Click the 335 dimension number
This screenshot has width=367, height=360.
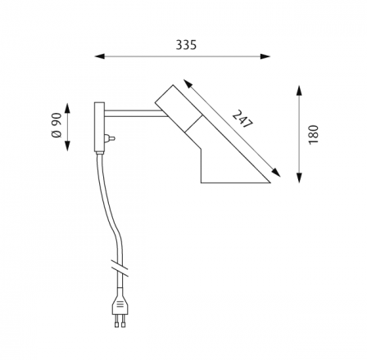point(186,45)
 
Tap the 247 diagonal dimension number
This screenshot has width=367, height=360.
point(242,119)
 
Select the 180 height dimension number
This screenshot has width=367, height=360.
point(314,135)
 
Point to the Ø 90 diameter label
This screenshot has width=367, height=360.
point(57,125)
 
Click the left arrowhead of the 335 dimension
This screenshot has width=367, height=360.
point(100,56)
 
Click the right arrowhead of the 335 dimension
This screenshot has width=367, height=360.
point(265,56)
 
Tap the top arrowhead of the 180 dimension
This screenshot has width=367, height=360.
point(300,91)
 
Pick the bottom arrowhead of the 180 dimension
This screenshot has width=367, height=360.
point(300,178)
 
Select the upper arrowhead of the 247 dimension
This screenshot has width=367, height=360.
point(188,83)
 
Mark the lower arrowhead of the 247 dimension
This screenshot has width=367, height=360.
point(276,173)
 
